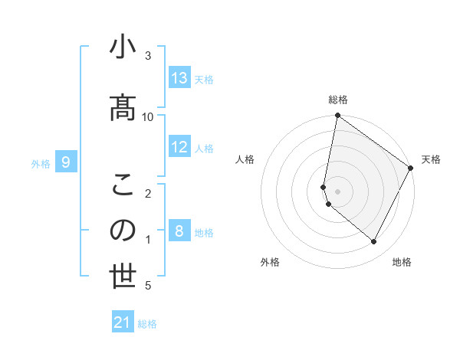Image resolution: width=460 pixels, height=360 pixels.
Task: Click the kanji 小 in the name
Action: (x=123, y=47)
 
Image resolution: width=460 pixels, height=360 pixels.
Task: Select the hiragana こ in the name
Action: (x=123, y=185)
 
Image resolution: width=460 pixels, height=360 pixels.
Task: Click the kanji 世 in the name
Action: (x=123, y=277)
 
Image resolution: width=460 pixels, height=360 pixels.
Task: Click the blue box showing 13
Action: (x=179, y=78)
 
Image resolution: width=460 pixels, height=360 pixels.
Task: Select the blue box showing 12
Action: (x=179, y=147)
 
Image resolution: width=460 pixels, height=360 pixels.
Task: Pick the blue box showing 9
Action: (x=66, y=162)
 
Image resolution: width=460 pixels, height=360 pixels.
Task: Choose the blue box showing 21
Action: (x=123, y=322)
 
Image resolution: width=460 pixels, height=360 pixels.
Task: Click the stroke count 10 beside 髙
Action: (x=148, y=116)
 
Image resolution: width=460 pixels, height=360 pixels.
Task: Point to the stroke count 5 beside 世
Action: (x=148, y=286)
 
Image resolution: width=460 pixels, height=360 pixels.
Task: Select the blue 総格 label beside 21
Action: (x=147, y=323)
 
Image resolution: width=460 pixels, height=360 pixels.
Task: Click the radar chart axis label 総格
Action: (x=338, y=100)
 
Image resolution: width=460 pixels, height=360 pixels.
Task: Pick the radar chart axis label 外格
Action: (x=270, y=262)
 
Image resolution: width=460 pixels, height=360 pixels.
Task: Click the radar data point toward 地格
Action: (x=374, y=242)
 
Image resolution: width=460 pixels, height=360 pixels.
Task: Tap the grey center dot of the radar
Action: (x=338, y=191)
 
